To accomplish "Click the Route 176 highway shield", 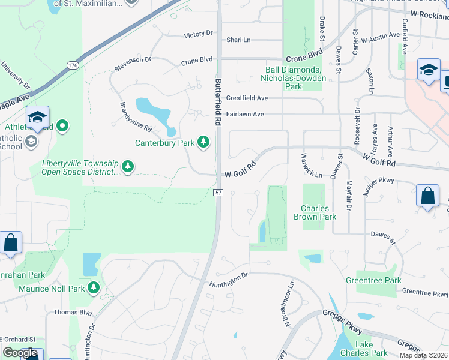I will tap(73, 65).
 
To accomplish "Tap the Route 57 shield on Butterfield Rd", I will tap(218, 191).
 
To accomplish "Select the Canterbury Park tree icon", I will tap(204, 142).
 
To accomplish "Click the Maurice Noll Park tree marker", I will tap(93, 289).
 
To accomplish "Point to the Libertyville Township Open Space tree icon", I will tap(127, 166).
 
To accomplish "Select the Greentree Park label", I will tap(373, 280).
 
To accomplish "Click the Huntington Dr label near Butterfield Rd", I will tap(228, 275).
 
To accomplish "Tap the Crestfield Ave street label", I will tap(247, 98).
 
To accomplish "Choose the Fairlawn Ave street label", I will tap(245, 114).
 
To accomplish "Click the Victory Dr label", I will tap(198, 35).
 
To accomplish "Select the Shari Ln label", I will tap(238, 40).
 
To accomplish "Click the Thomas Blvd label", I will tap(73, 312).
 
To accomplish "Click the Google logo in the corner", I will tap(20, 353).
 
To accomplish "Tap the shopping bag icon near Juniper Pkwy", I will tap(427, 197).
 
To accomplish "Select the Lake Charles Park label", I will tap(364, 349).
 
